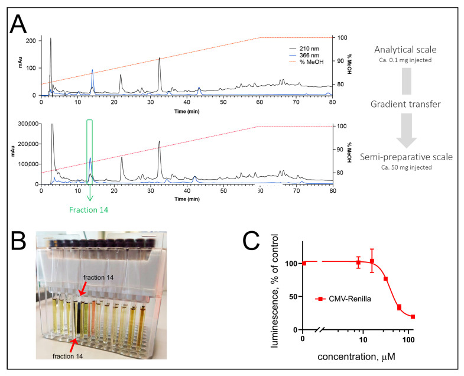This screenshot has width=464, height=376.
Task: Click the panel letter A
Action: [18, 24]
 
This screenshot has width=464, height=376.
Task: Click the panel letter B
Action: [18, 241]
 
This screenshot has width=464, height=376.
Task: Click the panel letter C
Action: [251, 241]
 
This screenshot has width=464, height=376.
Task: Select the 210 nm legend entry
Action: [304, 48]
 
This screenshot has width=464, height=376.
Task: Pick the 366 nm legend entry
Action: [304, 56]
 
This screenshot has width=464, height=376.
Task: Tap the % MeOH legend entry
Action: [306, 62]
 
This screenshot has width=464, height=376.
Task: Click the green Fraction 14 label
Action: [89, 210]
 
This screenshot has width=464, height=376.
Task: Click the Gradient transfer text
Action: [405, 104]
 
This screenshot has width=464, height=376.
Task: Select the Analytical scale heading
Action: [405, 50]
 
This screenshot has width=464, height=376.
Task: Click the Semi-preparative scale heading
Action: [406, 157]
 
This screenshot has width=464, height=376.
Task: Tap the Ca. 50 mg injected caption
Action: [406, 167]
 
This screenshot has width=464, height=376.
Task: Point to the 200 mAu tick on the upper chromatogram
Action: [31, 41]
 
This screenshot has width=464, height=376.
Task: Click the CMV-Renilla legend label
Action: [350, 299]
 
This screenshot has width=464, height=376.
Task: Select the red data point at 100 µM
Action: [413, 317]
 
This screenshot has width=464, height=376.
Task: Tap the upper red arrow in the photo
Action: [82, 289]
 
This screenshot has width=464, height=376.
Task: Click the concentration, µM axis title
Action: [356, 356]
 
